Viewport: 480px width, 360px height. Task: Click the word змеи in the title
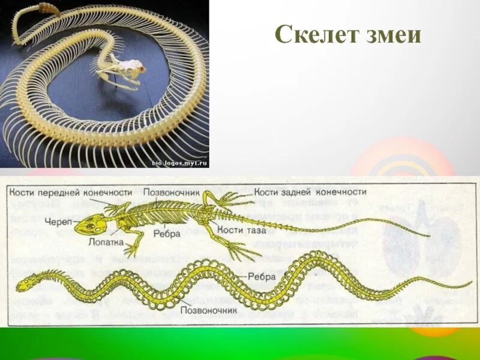(394, 35)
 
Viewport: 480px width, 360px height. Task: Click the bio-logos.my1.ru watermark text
(179, 162)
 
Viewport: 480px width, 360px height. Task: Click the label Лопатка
(109, 244)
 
